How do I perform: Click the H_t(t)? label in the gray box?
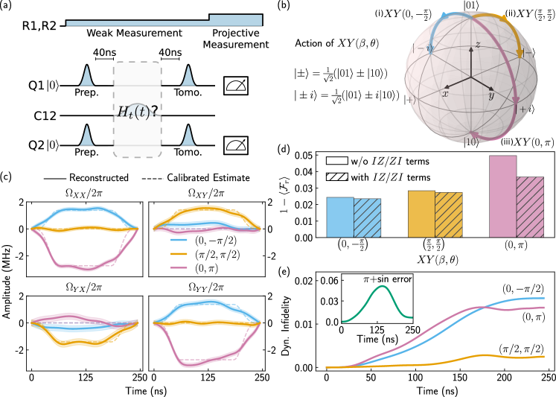tap(138, 112)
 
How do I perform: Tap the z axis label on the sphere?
tap(478, 46)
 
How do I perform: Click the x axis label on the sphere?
tap(445, 94)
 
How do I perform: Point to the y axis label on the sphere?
tap(492, 95)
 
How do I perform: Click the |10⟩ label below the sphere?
tap(471, 142)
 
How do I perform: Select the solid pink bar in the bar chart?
tap(502, 196)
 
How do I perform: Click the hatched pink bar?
tap(529, 206)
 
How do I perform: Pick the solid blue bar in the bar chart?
tap(339, 217)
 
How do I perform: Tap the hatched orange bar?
tap(448, 215)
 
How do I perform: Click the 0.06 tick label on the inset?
tap(328, 280)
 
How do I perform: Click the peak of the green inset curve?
tap(382, 287)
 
